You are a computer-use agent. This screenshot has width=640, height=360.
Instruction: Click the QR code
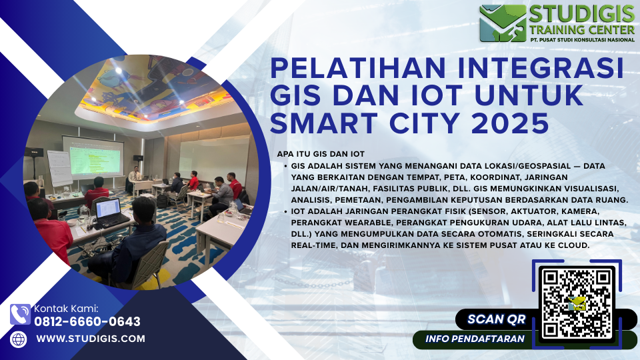pos(577,303)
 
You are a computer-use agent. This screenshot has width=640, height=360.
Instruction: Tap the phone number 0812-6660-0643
pos(87,321)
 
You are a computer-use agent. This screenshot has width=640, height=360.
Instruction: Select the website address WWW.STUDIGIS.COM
pos(91,339)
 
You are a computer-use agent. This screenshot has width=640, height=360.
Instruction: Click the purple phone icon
pos(21,314)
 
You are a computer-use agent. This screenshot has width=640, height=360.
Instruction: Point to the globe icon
pos(19,339)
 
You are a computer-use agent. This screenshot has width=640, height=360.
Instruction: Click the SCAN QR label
pos(496,319)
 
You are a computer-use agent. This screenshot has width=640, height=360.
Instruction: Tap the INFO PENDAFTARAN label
pos(475,339)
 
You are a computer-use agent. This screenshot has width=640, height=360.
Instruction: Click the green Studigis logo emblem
pos(503,23)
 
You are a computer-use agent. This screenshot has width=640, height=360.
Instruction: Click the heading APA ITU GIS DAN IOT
pos(321,154)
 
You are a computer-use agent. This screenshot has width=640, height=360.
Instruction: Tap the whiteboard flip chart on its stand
pos(59,168)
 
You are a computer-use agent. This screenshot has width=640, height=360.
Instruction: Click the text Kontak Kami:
pos(66,309)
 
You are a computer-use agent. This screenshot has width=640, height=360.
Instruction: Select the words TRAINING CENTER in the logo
pos(583,29)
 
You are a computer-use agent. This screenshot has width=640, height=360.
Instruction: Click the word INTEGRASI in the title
pos(541,68)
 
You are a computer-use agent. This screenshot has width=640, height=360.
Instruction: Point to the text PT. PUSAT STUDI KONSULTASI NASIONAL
pos(583,39)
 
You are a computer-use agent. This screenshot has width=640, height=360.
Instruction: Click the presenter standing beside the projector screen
pos(133,179)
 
